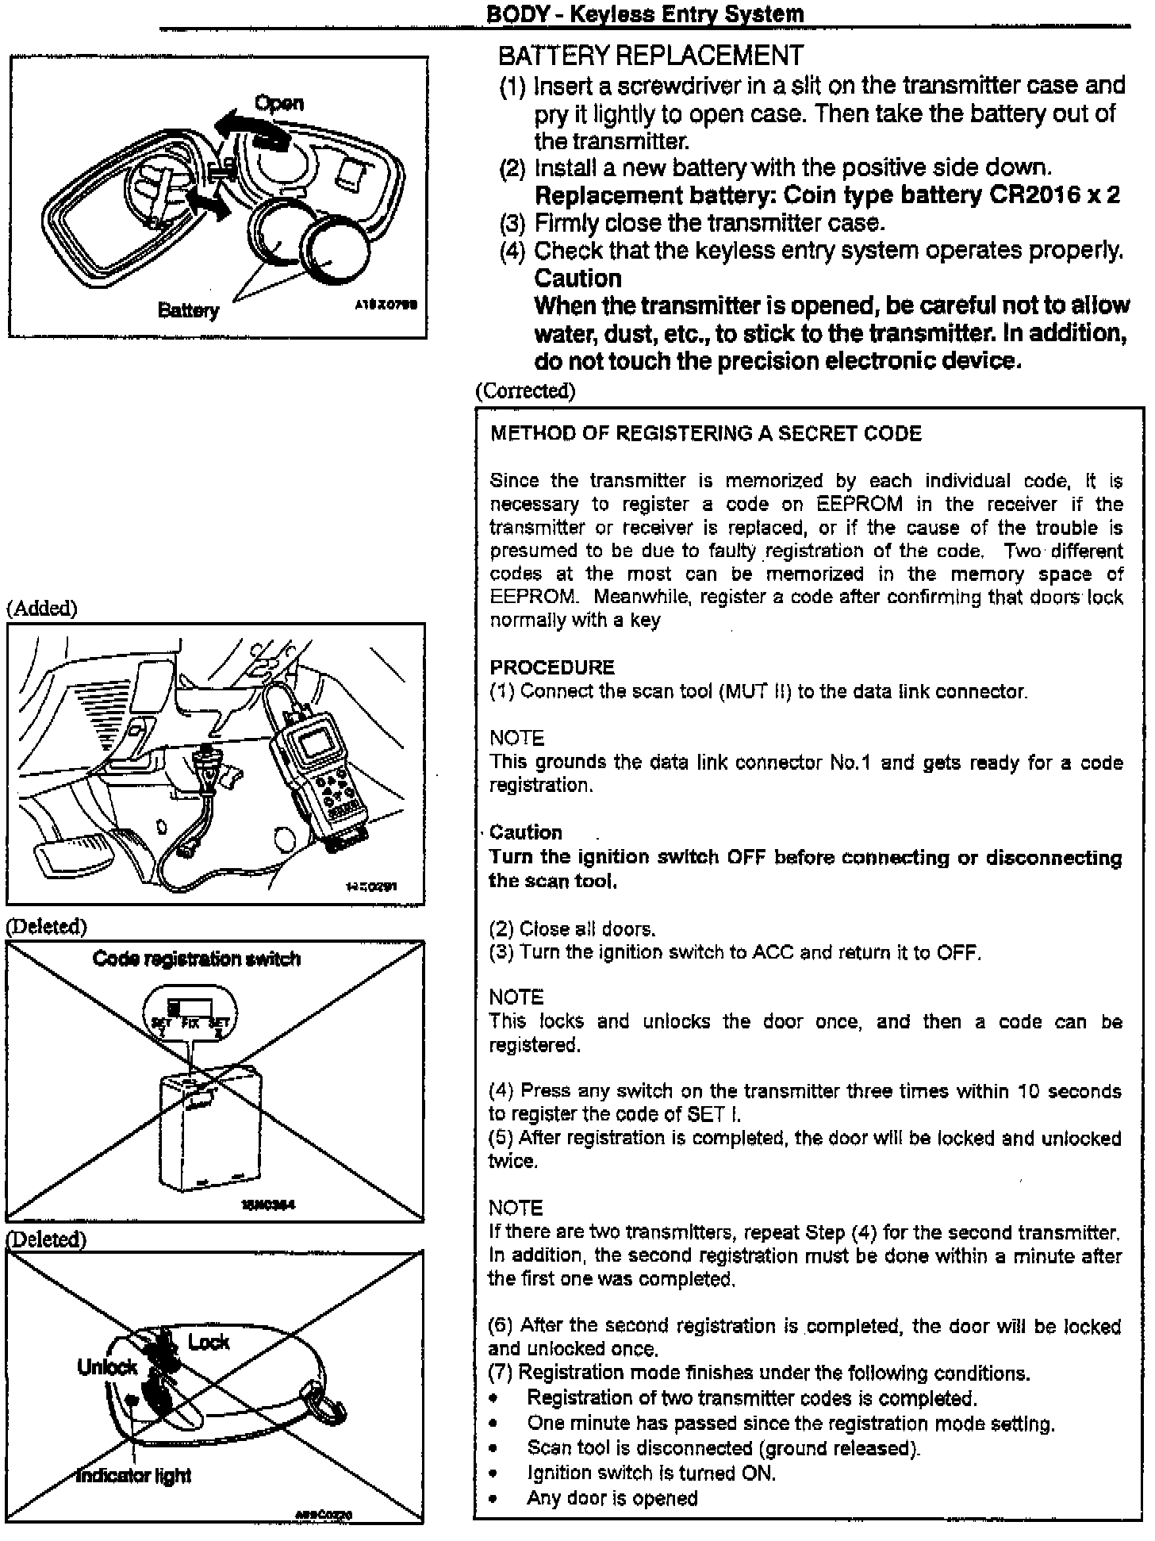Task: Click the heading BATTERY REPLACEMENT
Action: point(650,56)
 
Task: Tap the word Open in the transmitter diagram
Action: point(278,103)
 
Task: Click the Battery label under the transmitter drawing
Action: point(188,309)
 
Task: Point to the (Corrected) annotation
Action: point(525,390)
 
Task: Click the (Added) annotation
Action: point(42,608)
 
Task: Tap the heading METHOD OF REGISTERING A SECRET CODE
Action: point(706,433)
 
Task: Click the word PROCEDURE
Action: point(552,667)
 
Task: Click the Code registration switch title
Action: point(196,959)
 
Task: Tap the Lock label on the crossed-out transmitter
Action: point(209,1342)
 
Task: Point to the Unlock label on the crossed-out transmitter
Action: point(107,1366)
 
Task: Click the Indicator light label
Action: point(134,1476)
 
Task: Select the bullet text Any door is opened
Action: point(612,1498)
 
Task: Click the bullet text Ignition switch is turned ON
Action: point(651,1474)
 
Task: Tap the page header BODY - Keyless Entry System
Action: point(644,13)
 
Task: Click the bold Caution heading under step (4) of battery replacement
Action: point(577,279)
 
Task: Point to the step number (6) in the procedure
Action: point(501,1326)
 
